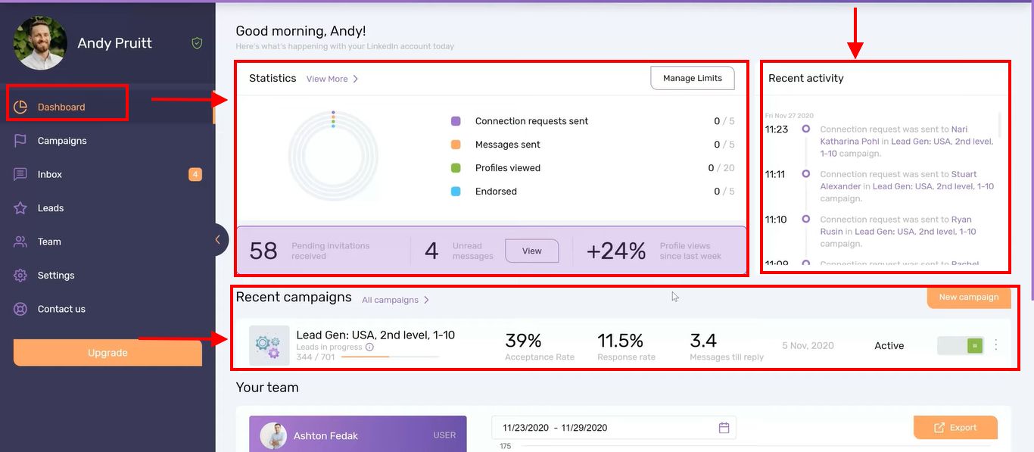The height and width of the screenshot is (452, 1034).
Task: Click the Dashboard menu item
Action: (x=61, y=107)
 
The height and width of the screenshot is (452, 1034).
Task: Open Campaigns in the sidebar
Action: (x=62, y=141)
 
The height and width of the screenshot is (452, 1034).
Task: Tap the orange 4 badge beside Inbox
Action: (x=195, y=175)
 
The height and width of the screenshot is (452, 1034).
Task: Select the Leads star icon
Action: (x=20, y=208)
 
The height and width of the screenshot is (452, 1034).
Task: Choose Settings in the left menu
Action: (x=56, y=276)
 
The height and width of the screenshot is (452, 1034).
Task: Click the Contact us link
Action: (x=61, y=309)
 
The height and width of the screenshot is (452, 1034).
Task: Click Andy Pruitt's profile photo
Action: (x=40, y=43)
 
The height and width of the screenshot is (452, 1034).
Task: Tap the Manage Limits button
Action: (x=692, y=78)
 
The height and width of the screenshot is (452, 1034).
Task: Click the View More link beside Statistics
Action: (x=332, y=79)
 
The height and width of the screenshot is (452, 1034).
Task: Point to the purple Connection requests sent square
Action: (x=456, y=121)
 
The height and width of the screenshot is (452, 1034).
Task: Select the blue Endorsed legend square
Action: (x=456, y=192)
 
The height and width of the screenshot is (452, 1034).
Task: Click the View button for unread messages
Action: (x=531, y=251)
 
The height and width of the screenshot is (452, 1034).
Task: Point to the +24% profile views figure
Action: (x=616, y=251)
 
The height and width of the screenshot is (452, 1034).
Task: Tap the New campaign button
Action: (x=968, y=297)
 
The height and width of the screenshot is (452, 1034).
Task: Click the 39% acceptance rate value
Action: (x=523, y=341)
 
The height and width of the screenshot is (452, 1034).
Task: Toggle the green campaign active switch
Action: (x=974, y=345)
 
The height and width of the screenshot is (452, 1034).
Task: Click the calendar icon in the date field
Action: (x=724, y=428)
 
